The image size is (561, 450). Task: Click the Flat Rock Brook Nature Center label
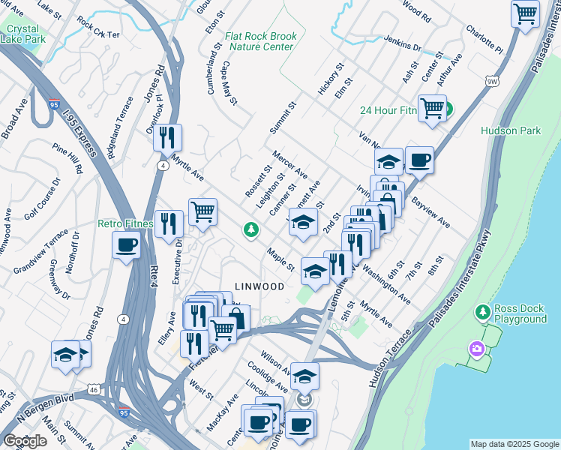click(261, 41)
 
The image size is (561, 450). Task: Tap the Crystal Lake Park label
click(25, 34)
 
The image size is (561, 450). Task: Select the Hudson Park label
click(511, 130)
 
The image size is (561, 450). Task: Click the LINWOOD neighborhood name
click(259, 286)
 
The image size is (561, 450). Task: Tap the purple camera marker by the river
click(475, 349)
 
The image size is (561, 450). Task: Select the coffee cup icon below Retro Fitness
click(126, 245)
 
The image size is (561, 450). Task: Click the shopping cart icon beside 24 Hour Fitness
click(433, 108)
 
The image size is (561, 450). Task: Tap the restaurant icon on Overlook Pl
click(168, 137)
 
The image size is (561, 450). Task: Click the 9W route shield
click(491, 80)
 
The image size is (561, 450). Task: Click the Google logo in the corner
click(25, 441)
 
